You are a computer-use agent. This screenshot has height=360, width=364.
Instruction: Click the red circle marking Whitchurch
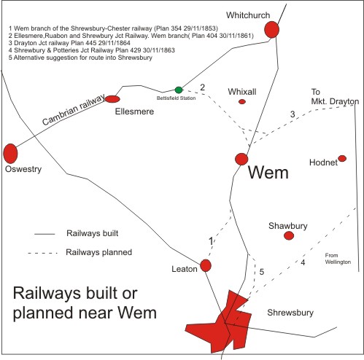(271, 30)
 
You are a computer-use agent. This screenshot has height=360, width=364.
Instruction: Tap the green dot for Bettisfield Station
(179, 90)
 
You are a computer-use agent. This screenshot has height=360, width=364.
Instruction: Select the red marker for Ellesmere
(112, 99)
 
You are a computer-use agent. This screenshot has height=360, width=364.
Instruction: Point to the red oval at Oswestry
(10, 154)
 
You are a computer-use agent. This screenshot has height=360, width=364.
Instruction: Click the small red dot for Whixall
(242, 102)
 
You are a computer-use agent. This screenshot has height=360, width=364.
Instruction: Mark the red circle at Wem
(241, 160)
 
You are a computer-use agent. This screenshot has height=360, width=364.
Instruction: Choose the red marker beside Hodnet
(342, 158)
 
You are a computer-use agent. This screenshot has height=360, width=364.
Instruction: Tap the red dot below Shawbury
(289, 235)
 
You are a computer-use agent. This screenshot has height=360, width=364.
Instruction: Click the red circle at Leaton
(206, 265)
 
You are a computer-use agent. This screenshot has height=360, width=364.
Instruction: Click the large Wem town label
(268, 173)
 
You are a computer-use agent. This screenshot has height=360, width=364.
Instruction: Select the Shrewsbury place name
(290, 313)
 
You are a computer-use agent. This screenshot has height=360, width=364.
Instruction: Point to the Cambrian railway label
(73, 109)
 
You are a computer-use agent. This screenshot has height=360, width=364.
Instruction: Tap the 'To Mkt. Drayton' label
(335, 96)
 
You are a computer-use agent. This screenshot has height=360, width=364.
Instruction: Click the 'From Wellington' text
(338, 259)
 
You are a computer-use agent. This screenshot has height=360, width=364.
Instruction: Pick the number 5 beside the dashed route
(262, 272)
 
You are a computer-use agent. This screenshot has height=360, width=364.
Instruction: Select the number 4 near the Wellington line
(303, 262)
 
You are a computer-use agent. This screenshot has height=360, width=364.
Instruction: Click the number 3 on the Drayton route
(293, 114)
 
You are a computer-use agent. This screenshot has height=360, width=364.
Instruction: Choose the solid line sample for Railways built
(44, 234)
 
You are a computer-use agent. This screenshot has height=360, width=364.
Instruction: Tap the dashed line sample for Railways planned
(43, 254)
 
